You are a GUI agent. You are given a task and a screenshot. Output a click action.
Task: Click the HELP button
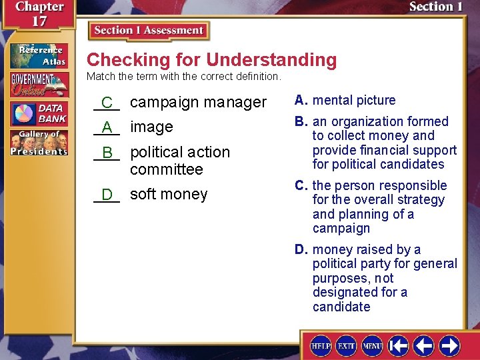point(321,345)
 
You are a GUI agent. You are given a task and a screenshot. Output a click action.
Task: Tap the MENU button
point(372,345)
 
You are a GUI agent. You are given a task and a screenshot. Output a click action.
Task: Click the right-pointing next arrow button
point(449,345)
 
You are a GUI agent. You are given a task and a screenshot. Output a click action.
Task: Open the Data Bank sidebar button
point(39,114)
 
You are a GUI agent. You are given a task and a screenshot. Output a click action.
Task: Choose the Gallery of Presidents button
point(39,143)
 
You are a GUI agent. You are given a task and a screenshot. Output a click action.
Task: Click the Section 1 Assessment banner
point(149,31)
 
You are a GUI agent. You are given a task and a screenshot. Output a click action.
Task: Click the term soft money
point(169,194)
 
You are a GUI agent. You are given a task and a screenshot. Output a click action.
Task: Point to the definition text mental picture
point(354,101)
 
